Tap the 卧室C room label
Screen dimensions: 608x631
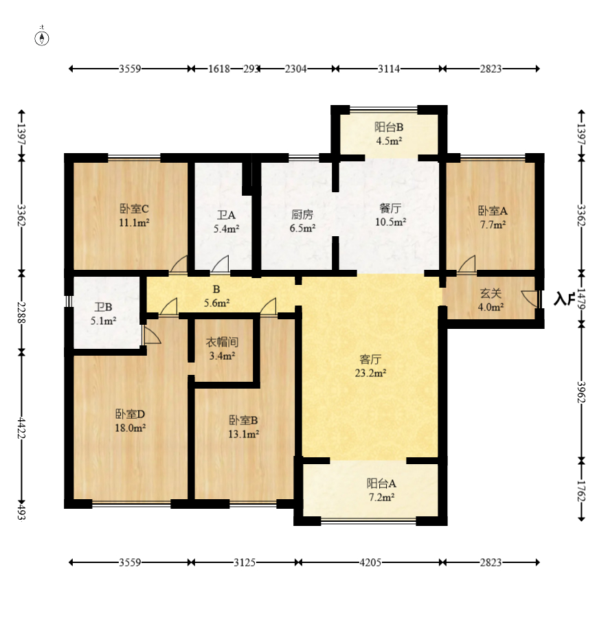point(134,209)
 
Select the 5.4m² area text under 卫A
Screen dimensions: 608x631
point(226,229)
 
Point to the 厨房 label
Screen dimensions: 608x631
point(302,214)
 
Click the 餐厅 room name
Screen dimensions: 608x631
point(390,208)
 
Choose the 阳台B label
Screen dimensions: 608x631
point(389,127)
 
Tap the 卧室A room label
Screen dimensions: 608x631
point(493,211)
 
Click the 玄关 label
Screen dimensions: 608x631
point(491,293)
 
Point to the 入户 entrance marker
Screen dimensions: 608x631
point(564,299)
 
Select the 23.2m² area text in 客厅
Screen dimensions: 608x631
point(370,373)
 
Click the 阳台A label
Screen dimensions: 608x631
point(381,483)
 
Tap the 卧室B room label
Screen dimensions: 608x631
point(243,420)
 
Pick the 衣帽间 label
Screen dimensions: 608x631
point(223,342)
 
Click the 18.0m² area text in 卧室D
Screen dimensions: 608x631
point(130,428)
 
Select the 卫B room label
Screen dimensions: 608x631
point(104,308)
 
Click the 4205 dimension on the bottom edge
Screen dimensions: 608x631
point(370,562)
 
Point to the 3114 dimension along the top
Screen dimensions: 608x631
point(389,69)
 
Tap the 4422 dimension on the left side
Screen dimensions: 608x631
point(22,428)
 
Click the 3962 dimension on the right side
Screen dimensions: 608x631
point(581,392)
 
